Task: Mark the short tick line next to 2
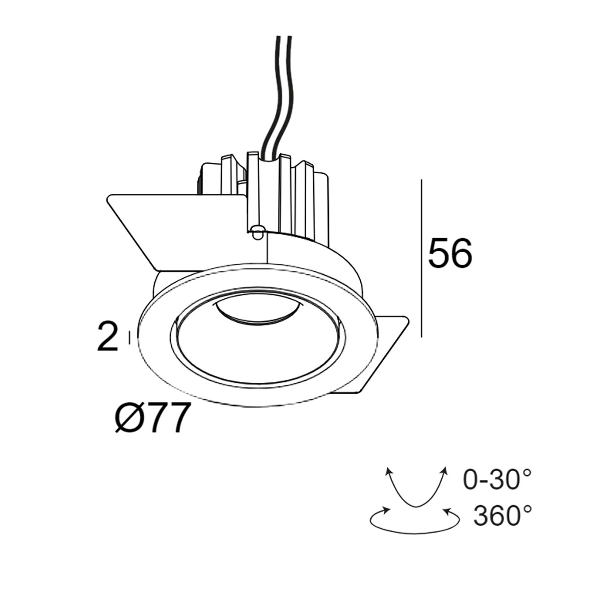click(x=129, y=337)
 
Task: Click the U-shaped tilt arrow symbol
click(x=416, y=491)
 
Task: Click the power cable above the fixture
click(x=277, y=93)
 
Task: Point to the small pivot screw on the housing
click(x=257, y=231)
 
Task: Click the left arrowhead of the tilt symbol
click(x=389, y=471)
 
